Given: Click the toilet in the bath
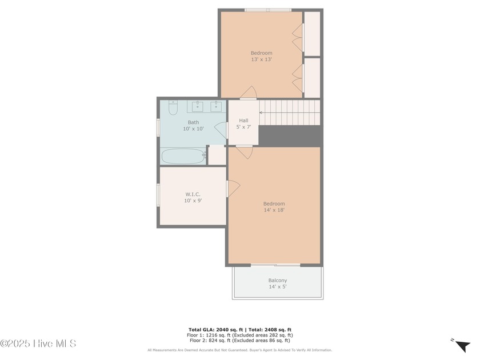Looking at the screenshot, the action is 173,108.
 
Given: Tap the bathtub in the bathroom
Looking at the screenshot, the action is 183,156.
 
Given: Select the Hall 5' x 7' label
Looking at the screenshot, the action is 243,123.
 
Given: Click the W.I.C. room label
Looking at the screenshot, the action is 193,194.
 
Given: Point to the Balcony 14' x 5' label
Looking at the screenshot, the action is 278,283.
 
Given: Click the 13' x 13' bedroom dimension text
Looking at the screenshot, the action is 262,59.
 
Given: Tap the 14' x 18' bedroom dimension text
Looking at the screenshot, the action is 274,210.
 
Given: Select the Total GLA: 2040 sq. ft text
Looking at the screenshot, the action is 215,330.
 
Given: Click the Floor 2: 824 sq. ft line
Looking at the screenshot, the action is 239,340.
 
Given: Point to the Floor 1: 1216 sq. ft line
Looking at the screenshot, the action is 239,335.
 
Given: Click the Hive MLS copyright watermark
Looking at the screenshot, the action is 38,343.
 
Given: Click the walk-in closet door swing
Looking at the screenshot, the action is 234,188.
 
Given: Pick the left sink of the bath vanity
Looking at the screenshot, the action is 198,106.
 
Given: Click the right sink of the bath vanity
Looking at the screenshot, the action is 216,106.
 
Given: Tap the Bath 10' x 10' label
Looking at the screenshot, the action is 193,126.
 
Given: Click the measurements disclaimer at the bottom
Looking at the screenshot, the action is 239,350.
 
